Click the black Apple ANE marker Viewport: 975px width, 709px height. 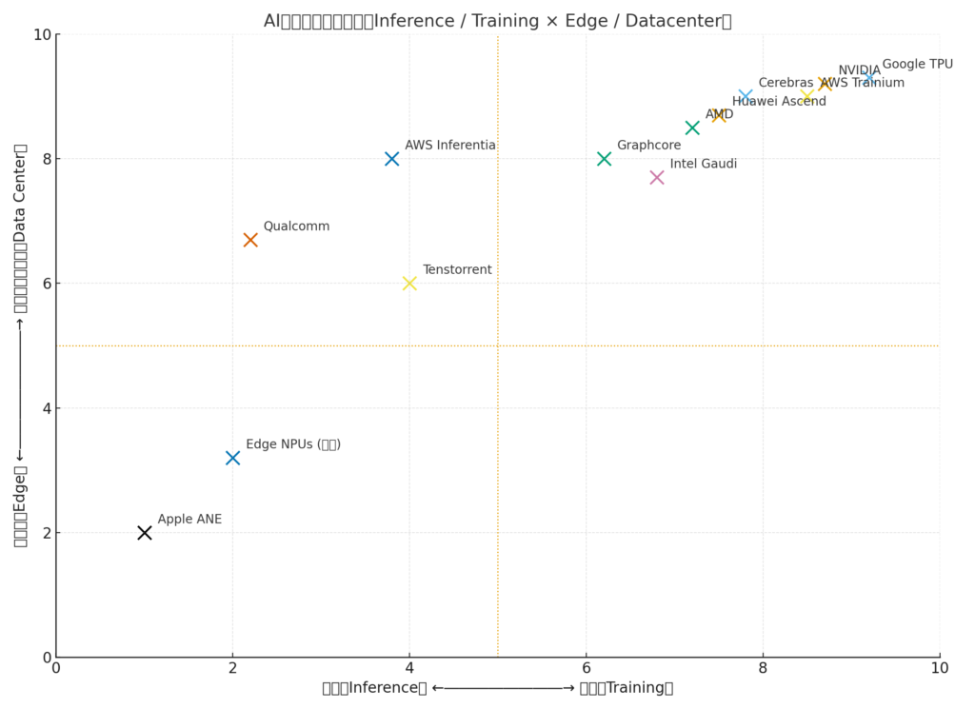[x=145, y=533]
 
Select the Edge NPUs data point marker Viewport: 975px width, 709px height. [x=232, y=458]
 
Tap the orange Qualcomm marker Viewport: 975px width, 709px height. [x=250, y=240]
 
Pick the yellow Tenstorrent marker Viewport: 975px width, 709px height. [x=409, y=283]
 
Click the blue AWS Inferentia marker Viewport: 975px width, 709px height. [x=391, y=159]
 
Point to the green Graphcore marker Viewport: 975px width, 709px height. [x=604, y=159]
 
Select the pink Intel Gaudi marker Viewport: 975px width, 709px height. [x=657, y=177]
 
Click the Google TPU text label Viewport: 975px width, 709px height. [x=917, y=65]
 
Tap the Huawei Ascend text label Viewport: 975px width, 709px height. [x=779, y=102]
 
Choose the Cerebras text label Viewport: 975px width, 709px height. [x=786, y=83]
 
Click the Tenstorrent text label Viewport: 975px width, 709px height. [x=457, y=270]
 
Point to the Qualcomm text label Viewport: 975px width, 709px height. [x=296, y=226]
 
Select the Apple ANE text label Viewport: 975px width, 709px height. [x=189, y=520]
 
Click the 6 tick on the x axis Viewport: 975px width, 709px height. [x=586, y=669]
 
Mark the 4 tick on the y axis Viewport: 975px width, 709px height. [x=44, y=408]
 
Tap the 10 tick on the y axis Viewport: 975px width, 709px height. [x=41, y=34]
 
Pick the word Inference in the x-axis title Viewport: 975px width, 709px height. [x=388, y=688]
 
